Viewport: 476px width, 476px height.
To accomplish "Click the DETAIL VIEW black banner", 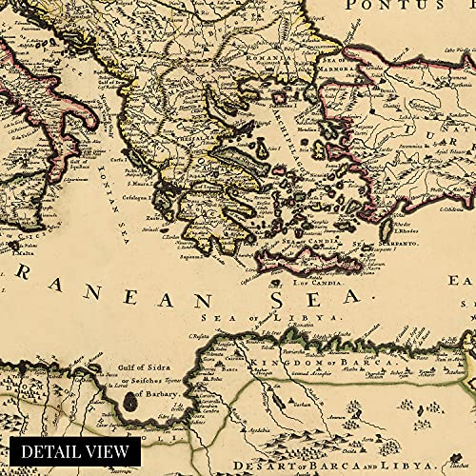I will click(x=71, y=451).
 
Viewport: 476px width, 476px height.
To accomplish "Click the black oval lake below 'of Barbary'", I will click(x=129, y=406).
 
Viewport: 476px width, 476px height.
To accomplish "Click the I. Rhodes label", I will click(x=405, y=234).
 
